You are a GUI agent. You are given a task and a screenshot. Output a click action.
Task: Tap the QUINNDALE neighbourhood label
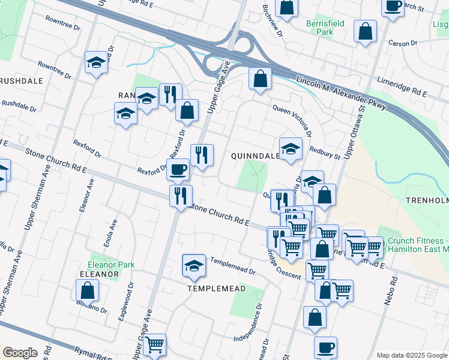[x=255, y=155]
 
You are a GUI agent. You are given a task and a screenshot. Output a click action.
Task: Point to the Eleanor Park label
[x=111, y=264]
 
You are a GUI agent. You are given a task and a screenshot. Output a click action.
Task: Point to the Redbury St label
[x=327, y=152]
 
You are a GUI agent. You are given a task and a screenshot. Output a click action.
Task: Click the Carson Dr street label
[x=402, y=43]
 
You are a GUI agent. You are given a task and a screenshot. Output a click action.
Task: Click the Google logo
[x=20, y=353]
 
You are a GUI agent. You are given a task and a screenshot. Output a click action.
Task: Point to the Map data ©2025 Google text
[x=411, y=355]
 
